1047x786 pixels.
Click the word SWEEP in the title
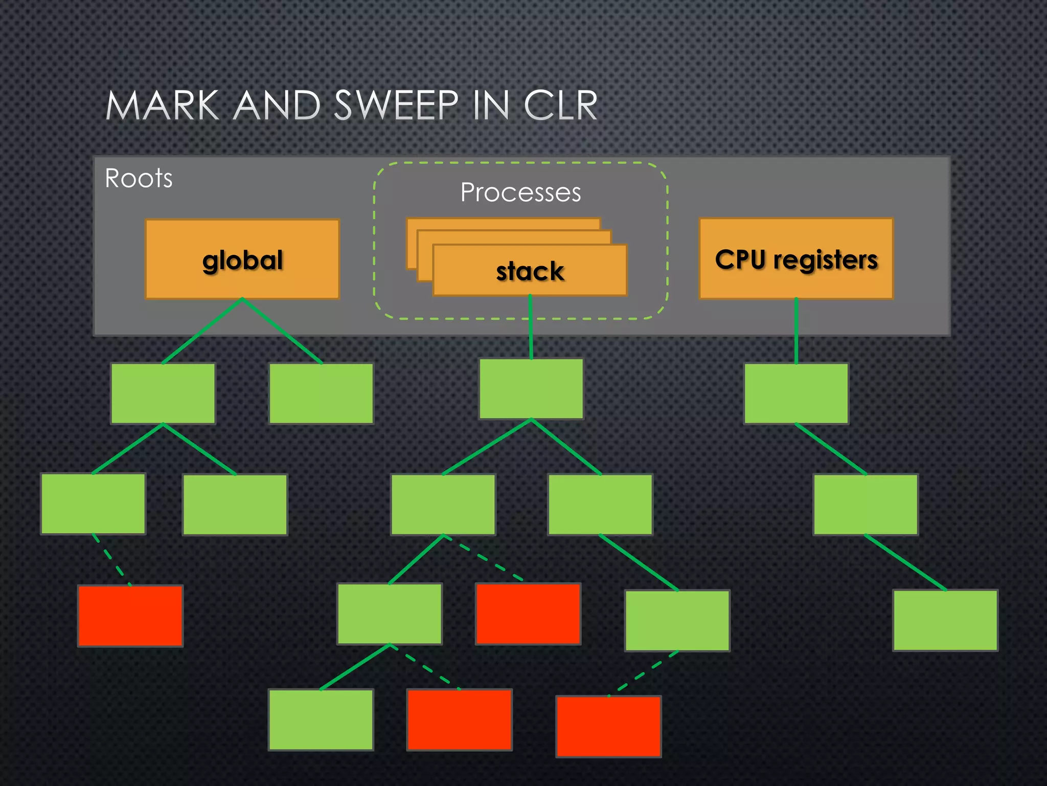tap(396, 106)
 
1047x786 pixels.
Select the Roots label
tap(139, 179)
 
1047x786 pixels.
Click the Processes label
tap(520, 193)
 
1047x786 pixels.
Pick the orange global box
tap(242, 259)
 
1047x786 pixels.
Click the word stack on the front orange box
tap(530, 271)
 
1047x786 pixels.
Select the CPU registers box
tap(796, 259)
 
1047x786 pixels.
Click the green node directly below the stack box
tap(531, 389)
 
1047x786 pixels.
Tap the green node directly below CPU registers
tap(796, 394)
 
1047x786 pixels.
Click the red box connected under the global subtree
tap(130, 616)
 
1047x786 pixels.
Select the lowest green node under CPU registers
tap(945, 620)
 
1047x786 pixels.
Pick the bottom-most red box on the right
tap(608, 726)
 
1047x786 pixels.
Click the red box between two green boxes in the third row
tap(528, 614)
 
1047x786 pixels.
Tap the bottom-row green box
tap(321, 719)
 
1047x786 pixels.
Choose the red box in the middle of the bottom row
tap(459, 719)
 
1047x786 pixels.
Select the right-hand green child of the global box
tap(321, 394)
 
